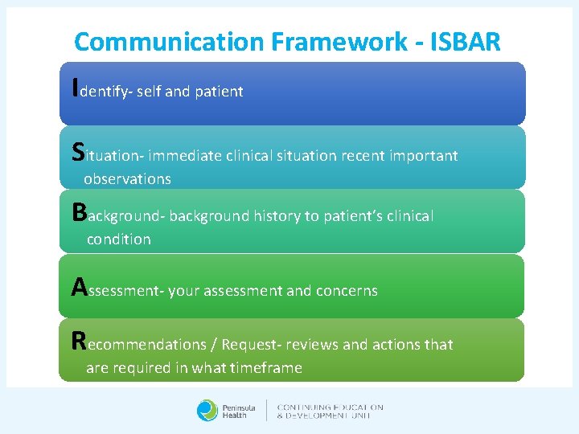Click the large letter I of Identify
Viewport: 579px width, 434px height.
[x=75, y=85]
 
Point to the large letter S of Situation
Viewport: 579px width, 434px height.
[x=77, y=150]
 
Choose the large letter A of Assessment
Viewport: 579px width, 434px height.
[x=79, y=286]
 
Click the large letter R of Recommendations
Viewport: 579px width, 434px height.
[x=78, y=340]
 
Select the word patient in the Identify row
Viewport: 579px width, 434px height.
[x=219, y=92]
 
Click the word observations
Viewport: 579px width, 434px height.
[x=127, y=178]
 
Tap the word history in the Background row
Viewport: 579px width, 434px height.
[x=278, y=216]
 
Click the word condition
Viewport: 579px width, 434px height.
[x=118, y=240]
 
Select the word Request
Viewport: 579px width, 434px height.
[x=248, y=345]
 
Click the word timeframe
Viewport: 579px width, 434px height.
[x=265, y=368]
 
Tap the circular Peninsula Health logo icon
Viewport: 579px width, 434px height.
[x=207, y=410]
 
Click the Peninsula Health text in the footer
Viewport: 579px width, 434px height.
[x=238, y=411]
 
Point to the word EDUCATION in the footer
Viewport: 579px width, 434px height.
[x=356, y=407]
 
